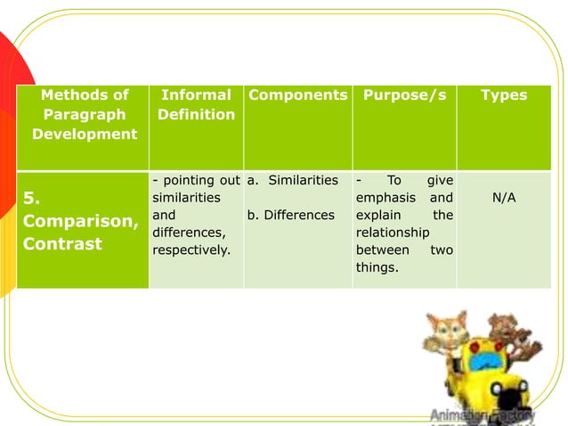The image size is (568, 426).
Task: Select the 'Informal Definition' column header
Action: coord(196,104)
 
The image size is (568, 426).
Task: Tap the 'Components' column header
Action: coord(297,94)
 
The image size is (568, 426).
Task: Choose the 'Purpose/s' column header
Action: coord(404,94)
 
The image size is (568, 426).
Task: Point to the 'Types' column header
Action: coord(503,94)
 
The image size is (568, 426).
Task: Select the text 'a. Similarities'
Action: coord(293,180)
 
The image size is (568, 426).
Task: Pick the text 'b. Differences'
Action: coord(291,215)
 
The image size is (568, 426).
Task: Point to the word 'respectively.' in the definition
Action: coord(191,250)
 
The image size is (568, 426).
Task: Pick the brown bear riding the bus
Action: coord(508,335)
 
